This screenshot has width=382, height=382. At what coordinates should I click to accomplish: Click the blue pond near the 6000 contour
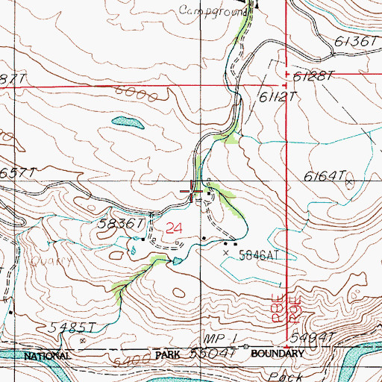coord(127,121)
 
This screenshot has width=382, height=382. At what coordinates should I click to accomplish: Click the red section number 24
coord(173,227)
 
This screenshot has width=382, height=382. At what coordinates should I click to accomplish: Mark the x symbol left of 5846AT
coord(226,253)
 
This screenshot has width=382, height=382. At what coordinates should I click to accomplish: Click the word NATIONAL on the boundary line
coord(47,356)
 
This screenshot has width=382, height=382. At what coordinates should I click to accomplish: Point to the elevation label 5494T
coord(309,338)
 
